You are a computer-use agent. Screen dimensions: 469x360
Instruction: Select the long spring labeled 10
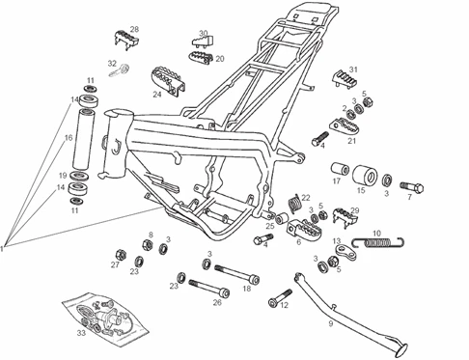pos(378,242)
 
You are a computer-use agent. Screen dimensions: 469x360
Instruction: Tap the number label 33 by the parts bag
pos(81,332)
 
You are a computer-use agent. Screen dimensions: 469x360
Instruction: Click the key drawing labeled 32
pos(120,70)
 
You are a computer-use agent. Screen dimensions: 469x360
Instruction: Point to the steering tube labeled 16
pos(83,139)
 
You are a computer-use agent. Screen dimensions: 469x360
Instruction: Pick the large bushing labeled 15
pos(366,174)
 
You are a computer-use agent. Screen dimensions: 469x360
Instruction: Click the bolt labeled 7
pos(412,186)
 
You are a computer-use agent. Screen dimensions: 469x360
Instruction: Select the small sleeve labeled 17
pos(340,169)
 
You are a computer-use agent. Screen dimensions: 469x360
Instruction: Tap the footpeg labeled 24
pos(168,81)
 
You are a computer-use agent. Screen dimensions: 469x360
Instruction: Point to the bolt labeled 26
pos(209,288)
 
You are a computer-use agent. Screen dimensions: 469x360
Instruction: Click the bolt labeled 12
pos(280,298)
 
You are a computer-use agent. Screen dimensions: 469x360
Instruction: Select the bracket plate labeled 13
pos(345,252)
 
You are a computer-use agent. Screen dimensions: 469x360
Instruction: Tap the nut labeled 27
pos(121,255)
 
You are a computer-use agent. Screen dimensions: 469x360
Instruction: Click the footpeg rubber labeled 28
pos(126,40)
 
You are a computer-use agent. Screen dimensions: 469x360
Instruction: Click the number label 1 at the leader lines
pos(3,248)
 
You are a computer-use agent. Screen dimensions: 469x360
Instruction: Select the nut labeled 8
pos(147,244)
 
